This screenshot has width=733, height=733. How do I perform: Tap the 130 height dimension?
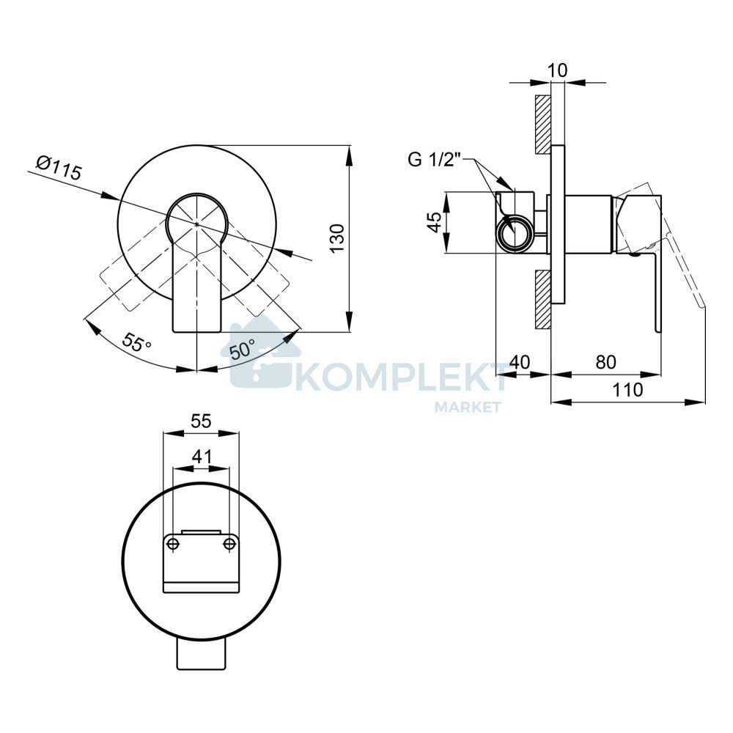coord(336,239)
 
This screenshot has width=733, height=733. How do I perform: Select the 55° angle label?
coord(137,342)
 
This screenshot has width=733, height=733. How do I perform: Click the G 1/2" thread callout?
coord(435,160)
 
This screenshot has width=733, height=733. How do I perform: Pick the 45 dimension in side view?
coord(435,222)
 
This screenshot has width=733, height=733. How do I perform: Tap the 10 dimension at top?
coord(557,70)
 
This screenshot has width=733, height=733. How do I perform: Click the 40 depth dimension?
coord(520,362)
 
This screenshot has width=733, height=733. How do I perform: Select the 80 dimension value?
coord(605,362)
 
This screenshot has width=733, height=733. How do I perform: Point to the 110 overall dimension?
coord(628,389)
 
